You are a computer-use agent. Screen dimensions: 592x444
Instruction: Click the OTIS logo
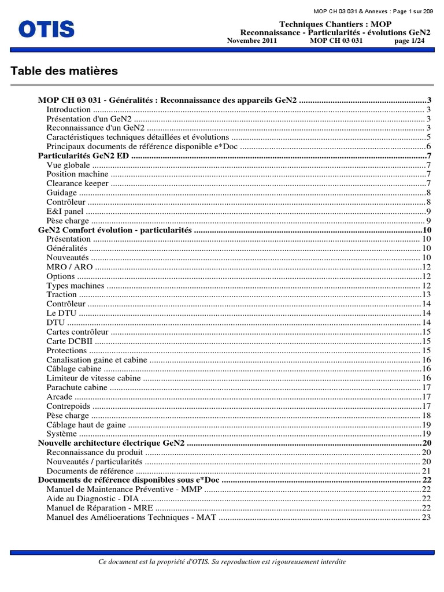[x=47, y=29]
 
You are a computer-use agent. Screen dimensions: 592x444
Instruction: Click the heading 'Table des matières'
[x=64, y=71]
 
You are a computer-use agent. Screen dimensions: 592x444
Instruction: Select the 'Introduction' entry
[x=68, y=110]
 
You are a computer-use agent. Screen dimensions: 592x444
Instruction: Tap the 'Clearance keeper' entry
[x=77, y=184]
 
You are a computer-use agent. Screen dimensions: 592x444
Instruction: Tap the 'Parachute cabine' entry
[x=77, y=387]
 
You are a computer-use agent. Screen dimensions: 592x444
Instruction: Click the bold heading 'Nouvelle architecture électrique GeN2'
[x=112, y=443]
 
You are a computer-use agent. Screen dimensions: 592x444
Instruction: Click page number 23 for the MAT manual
[x=427, y=517]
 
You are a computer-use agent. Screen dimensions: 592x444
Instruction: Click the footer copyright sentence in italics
[x=223, y=561]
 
